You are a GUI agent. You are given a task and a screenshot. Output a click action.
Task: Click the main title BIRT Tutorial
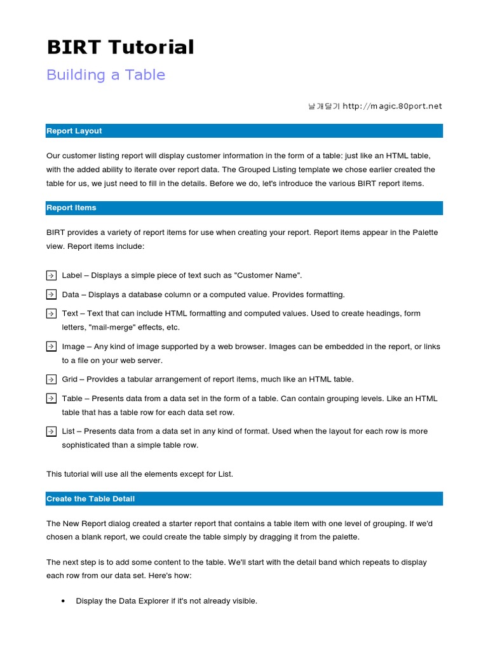point(120,47)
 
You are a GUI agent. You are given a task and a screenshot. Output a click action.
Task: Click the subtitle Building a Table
point(105,75)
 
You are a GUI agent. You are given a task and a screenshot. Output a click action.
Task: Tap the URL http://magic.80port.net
point(392,106)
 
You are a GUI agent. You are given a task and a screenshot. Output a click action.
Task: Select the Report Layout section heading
point(74,131)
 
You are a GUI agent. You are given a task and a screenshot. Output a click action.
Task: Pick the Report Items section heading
point(71,208)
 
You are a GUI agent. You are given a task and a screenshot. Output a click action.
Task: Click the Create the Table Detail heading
point(90,499)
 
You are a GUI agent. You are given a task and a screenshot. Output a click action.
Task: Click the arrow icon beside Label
point(51,275)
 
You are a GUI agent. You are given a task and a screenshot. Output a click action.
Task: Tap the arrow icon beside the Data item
point(51,295)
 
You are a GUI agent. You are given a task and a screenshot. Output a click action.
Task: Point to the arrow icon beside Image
point(51,347)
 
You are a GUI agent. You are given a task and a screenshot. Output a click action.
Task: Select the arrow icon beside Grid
point(51,380)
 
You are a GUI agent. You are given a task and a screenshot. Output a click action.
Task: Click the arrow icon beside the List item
point(51,432)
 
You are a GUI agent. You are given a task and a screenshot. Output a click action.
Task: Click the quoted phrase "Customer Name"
point(268,275)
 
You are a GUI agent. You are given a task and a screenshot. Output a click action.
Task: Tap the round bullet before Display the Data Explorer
point(64,601)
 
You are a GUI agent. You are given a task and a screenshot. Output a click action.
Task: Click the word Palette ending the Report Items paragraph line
point(424,232)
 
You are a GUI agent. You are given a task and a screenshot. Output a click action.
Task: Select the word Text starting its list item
point(70,314)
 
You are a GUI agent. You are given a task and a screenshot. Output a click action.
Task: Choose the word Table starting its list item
point(72,399)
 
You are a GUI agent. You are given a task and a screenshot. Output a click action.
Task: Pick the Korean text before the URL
point(323,106)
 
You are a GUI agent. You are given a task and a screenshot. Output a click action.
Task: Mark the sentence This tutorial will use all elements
point(140,474)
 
